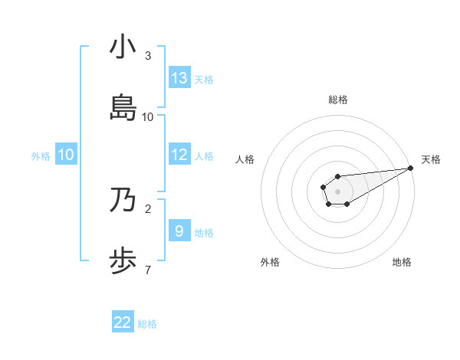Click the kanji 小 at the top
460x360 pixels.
pos(123,47)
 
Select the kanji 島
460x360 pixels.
pos(123,108)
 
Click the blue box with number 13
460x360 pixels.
pos(179,78)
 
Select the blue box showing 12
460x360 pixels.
pos(179,155)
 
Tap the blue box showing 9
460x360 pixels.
pos(179,231)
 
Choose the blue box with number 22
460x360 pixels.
pos(123,322)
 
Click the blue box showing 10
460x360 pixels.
pos(66,155)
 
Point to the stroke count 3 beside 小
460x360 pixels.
pos(148,56)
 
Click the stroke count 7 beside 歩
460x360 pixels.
pos(148,269)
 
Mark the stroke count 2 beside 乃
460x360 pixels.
pos(148,208)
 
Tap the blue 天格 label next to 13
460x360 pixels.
pos(204,79)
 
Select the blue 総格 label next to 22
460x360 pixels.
pos(147,323)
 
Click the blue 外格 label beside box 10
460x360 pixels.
pos(41,155)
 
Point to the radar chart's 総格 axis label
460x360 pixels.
pos(338,100)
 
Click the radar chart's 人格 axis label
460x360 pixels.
pos(245,159)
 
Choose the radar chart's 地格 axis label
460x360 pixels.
pos(402,262)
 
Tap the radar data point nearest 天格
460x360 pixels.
pos(411,168)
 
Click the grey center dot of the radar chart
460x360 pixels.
pos(337,191)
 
